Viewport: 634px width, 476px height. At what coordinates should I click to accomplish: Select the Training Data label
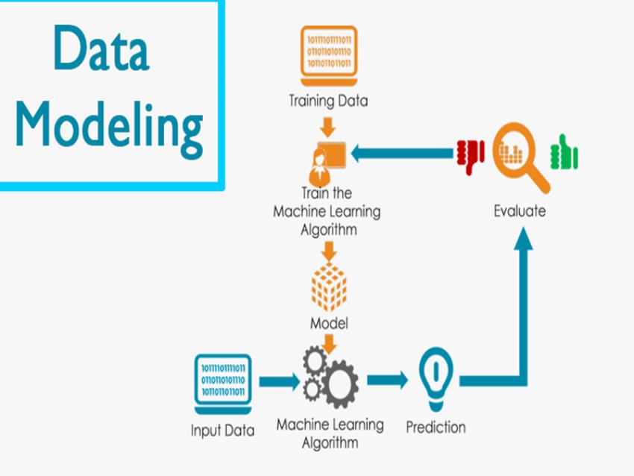pyautogui.click(x=329, y=100)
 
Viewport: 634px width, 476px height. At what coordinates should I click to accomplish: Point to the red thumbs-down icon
pyautogui.click(x=471, y=154)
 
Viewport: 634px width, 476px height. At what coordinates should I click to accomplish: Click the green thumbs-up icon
pyautogui.click(x=564, y=154)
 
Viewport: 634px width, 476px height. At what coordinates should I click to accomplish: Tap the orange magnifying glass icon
pyautogui.click(x=517, y=154)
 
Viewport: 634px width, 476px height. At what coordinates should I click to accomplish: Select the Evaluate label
pyautogui.click(x=520, y=211)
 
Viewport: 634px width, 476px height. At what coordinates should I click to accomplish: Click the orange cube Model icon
pyautogui.click(x=329, y=288)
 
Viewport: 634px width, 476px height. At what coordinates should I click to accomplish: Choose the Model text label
pyautogui.click(x=329, y=325)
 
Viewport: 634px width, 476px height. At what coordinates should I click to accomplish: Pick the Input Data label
pyautogui.click(x=222, y=430)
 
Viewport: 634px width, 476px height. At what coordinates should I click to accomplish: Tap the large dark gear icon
pyautogui.click(x=337, y=383)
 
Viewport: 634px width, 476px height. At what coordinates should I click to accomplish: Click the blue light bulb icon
pyautogui.click(x=436, y=376)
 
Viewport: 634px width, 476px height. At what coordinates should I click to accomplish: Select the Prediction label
pyautogui.click(x=436, y=428)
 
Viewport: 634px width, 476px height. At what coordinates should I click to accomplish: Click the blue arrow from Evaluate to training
pyautogui.click(x=403, y=154)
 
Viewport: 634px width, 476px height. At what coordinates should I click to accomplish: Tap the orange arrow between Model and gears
pyautogui.click(x=329, y=343)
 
